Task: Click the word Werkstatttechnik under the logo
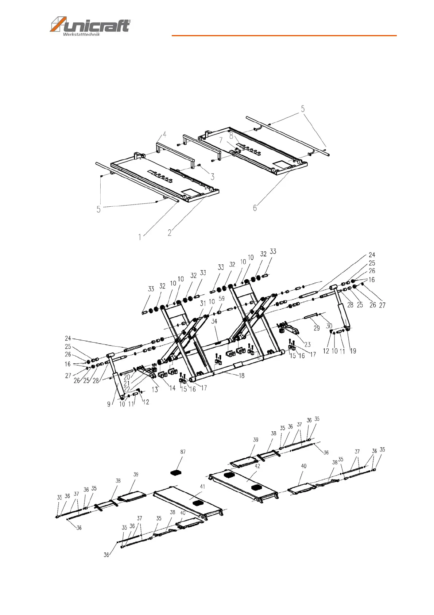pyautogui.click(x=81, y=35)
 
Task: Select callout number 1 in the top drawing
pyautogui.click(x=140, y=237)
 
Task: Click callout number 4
pyautogui.click(x=164, y=135)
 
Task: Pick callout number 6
pyautogui.click(x=255, y=208)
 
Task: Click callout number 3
pyautogui.click(x=212, y=177)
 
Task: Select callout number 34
pyautogui.click(x=214, y=321)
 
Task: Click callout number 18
pyautogui.click(x=241, y=375)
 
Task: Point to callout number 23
pyautogui.click(x=307, y=344)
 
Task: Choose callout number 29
pyautogui.click(x=317, y=328)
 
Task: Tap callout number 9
pyautogui.click(x=109, y=404)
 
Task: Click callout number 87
pyautogui.click(x=183, y=452)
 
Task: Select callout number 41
pyautogui.click(x=202, y=486)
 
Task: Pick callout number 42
pyautogui.click(x=257, y=466)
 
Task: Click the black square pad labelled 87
pyautogui.click(x=177, y=473)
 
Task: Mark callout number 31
pyautogui.click(x=203, y=303)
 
